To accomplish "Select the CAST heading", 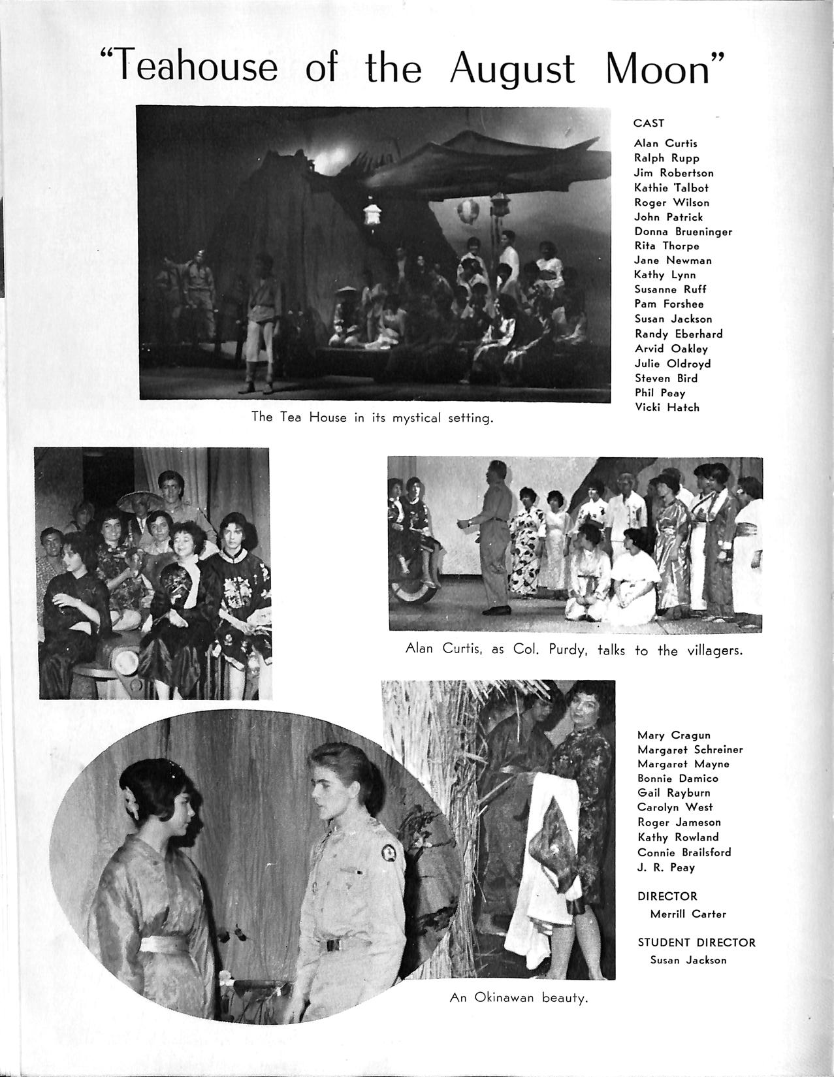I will pyautogui.click(x=649, y=123).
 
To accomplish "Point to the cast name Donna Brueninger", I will pyautogui.click(x=683, y=231).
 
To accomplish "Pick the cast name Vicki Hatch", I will pyautogui.click(x=666, y=407).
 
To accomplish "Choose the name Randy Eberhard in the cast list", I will pyautogui.click(x=679, y=334).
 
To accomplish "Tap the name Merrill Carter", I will pyautogui.click(x=688, y=914).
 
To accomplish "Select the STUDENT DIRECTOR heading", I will pyautogui.click(x=696, y=942).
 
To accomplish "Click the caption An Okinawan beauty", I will pyautogui.click(x=519, y=998).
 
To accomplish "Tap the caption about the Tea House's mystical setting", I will pyautogui.click(x=372, y=417).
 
